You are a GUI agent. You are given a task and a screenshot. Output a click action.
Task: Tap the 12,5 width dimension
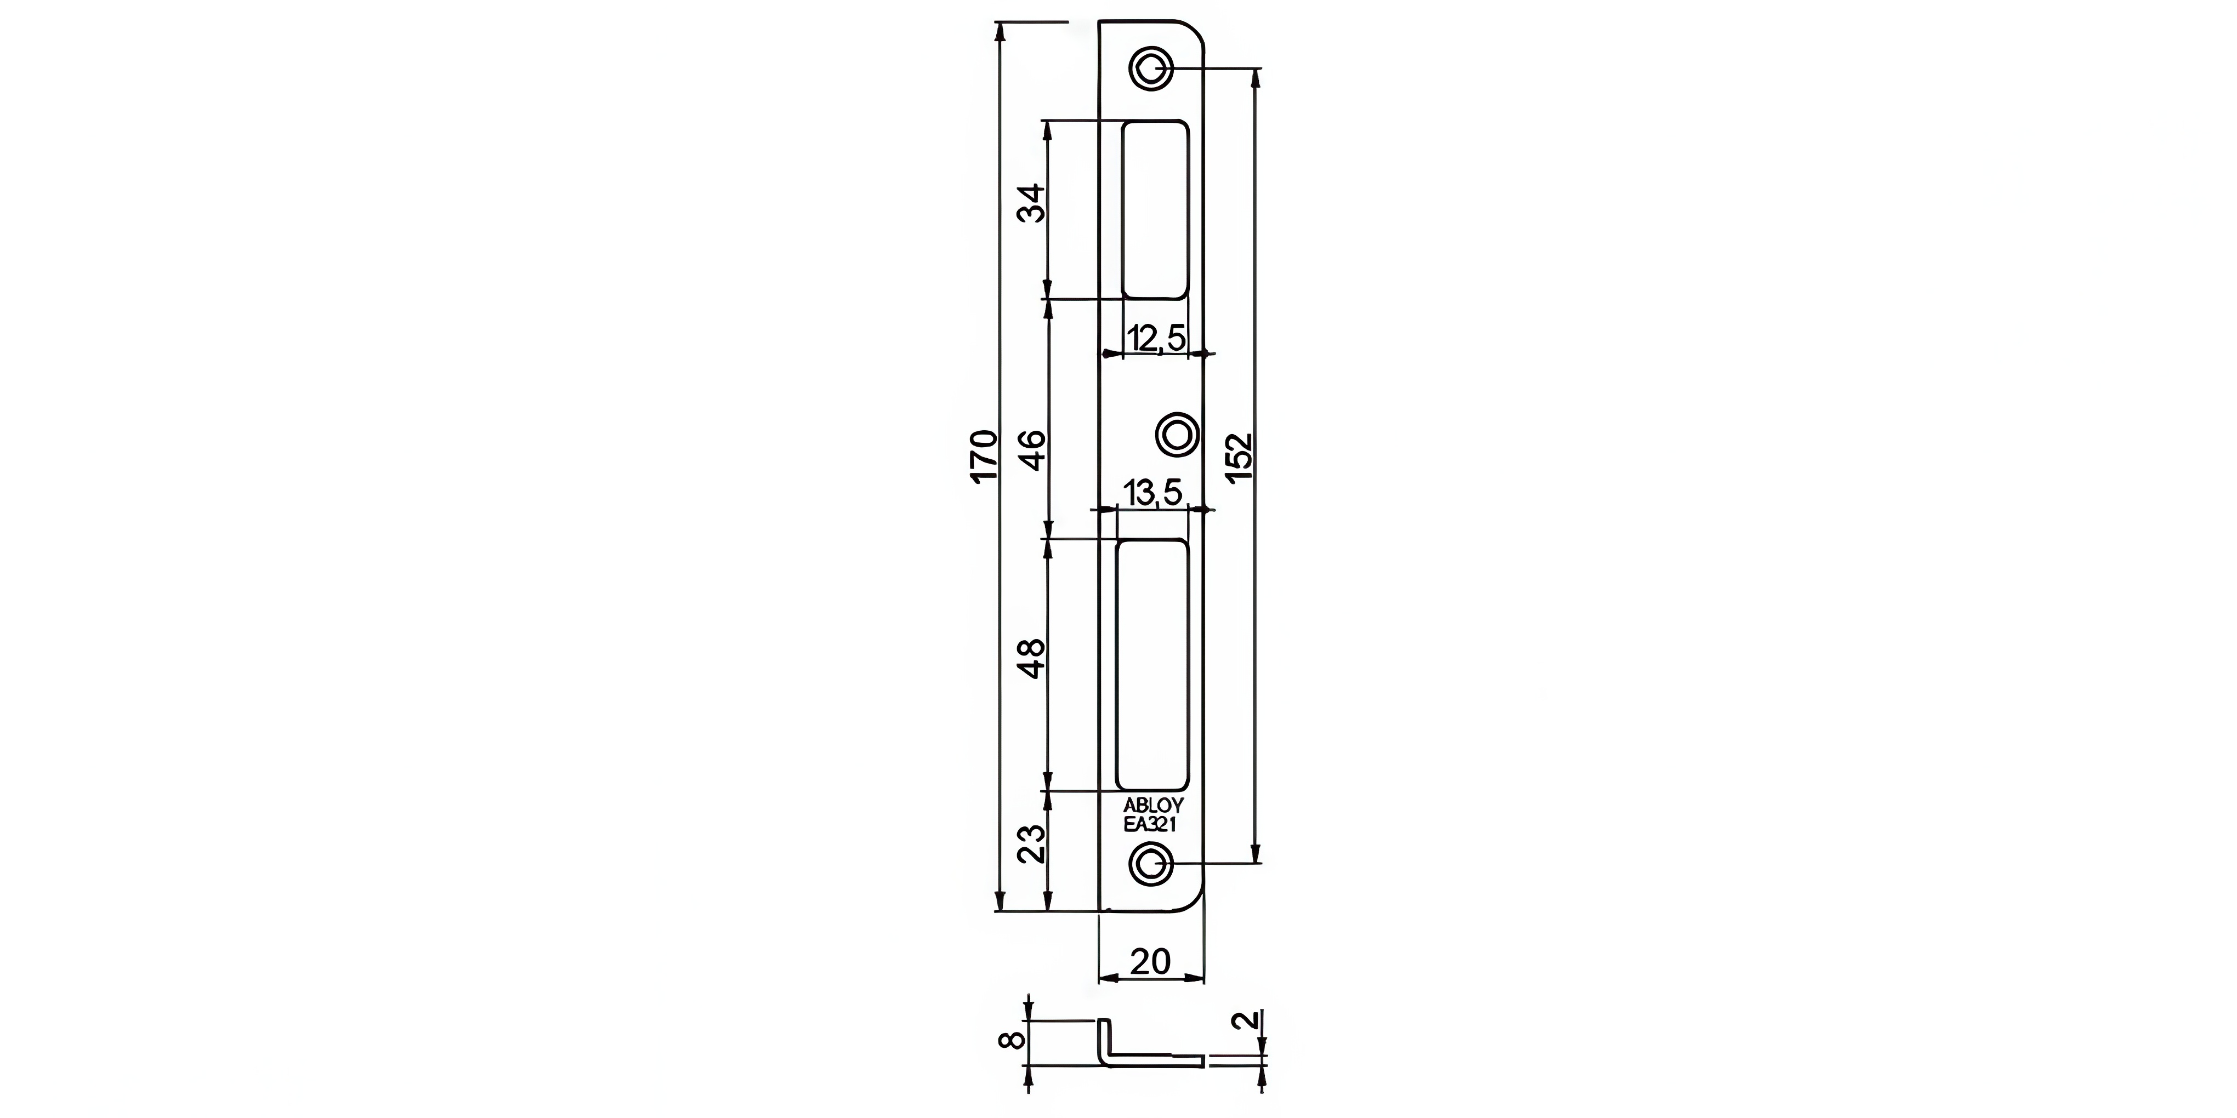(1156, 338)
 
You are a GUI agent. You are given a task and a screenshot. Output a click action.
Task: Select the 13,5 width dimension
(1153, 493)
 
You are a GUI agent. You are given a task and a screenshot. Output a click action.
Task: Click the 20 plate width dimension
(1151, 962)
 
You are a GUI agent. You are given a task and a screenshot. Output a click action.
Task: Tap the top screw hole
(1151, 68)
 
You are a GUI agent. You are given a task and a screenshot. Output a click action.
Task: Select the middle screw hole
(1178, 432)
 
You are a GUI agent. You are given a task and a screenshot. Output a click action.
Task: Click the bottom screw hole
(1151, 865)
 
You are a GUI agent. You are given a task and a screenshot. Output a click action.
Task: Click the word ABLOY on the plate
(1153, 806)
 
